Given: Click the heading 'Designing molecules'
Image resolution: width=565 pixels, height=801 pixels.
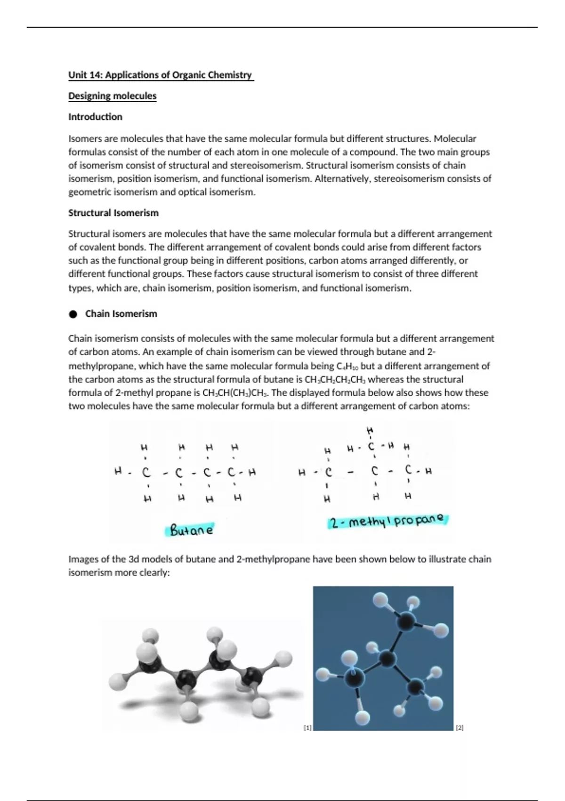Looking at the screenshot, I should (112, 96).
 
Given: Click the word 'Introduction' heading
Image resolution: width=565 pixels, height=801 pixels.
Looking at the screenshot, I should (95, 117).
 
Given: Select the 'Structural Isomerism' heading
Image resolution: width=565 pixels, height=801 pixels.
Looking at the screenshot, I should (113, 213).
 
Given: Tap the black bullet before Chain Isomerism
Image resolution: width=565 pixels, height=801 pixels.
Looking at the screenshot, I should (73, 314).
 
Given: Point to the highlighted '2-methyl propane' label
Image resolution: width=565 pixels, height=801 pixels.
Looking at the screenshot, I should (387, 521).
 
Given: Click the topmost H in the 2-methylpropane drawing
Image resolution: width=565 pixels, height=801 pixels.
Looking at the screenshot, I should (370, 430).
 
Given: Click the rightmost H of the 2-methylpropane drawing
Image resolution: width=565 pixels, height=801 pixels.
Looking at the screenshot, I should (428, 471).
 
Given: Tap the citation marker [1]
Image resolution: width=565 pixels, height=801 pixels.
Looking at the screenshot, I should (307, 728).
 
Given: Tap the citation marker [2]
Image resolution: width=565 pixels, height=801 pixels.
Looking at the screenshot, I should (460, 728).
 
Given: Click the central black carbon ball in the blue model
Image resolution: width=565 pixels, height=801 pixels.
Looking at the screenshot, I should (387, 658).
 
